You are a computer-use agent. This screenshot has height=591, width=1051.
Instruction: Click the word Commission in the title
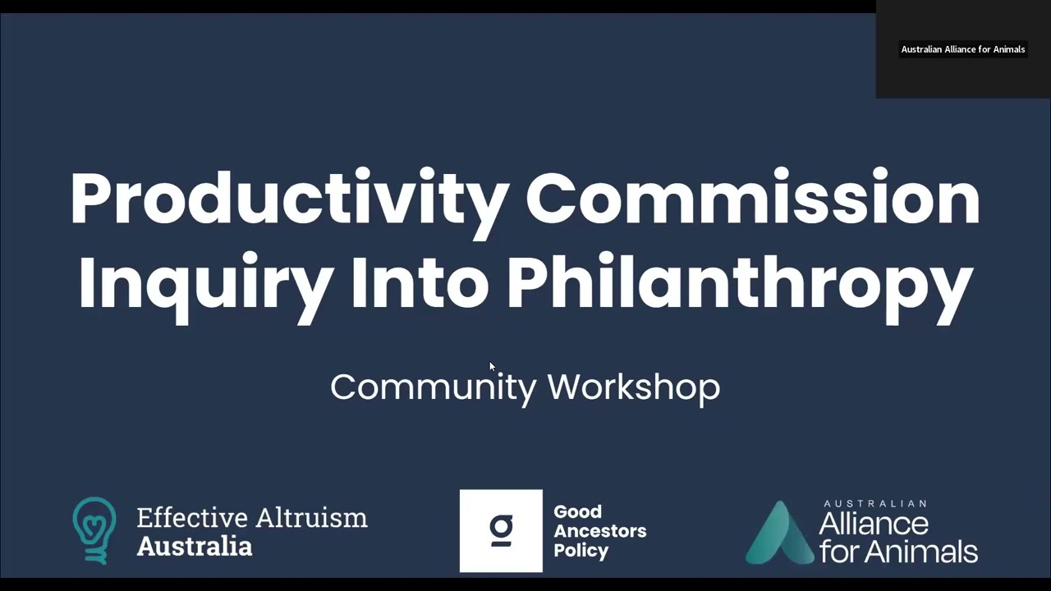752,199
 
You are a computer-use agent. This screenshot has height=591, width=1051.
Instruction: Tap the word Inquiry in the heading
205,283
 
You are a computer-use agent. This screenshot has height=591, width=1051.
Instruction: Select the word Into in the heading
420,283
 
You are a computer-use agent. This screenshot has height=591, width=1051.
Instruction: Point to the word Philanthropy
739,283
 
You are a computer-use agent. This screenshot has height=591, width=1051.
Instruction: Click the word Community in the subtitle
433,387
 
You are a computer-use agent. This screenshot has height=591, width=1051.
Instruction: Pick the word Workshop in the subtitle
633,387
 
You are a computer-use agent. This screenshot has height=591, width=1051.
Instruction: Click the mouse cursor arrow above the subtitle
492,367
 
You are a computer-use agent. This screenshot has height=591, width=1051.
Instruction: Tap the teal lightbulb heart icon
94,530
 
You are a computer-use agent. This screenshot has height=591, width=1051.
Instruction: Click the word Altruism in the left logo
310,518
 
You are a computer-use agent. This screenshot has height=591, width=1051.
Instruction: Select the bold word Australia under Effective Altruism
194,546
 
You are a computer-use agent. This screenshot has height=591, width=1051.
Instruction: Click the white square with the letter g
501,530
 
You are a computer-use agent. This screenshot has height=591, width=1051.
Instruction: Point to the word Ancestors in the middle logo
599,531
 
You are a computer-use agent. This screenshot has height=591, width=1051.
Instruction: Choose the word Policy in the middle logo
581,551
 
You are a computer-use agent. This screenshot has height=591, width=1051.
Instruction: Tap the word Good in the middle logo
577,512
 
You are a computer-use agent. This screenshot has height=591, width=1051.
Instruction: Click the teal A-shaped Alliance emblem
778,534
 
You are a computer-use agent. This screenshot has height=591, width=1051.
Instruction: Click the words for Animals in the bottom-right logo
898,551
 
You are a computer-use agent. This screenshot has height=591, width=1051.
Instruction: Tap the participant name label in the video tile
962,49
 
